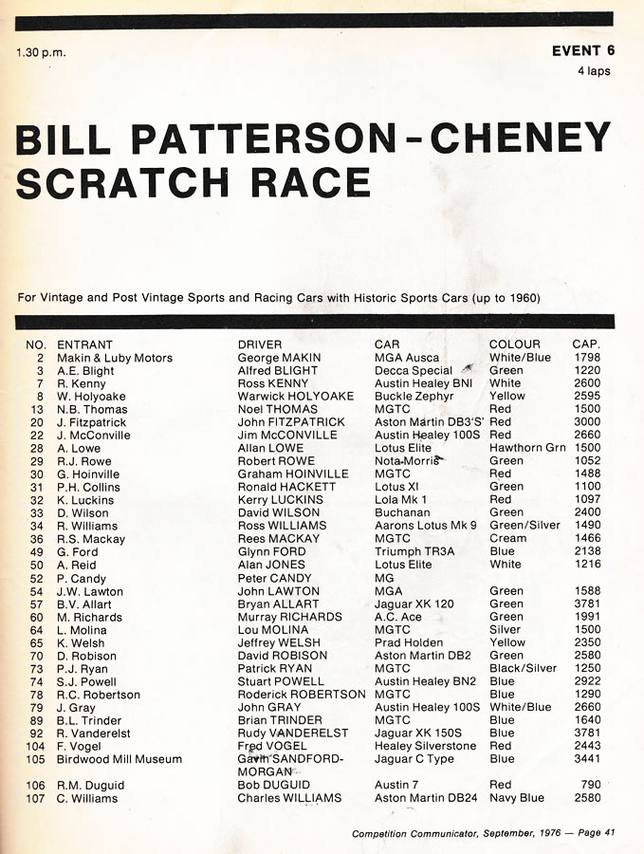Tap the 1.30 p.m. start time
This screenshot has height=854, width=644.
[41, 52]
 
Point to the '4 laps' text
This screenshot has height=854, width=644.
[594, 70]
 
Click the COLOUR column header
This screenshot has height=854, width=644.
[514, 344]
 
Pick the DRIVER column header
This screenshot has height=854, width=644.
[260, 344]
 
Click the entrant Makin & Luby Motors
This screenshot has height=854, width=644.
[115, 358]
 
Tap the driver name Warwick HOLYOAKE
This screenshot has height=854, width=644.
[295, 397]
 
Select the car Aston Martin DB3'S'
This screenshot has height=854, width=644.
[428, 422]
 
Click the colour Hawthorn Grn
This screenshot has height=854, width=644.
[527, 448]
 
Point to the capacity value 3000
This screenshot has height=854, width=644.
[587, 422]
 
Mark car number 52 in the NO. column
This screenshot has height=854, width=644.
[37, 578]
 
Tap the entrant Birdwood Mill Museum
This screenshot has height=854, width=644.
[120, 759]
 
